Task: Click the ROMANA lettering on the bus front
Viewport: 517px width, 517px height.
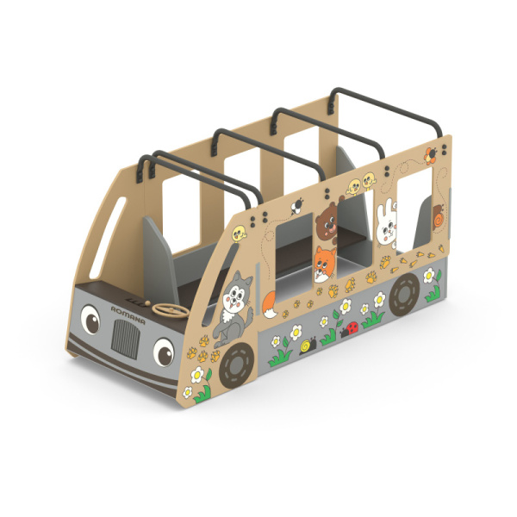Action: pyautogui.click(x=128, y=315)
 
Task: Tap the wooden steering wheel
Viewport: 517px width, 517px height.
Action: pyautogui.click(x=171, y=310)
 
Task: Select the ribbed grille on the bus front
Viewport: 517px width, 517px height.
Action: pyautogui.click(x=125, y=339)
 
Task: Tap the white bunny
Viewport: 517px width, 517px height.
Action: pyautogui.click(x=387, y=223)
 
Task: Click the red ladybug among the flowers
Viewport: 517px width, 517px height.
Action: pyautogui.click(x=350, y=329)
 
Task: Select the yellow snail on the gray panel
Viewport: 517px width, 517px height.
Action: pyautogui.click(x=308, y=346)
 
